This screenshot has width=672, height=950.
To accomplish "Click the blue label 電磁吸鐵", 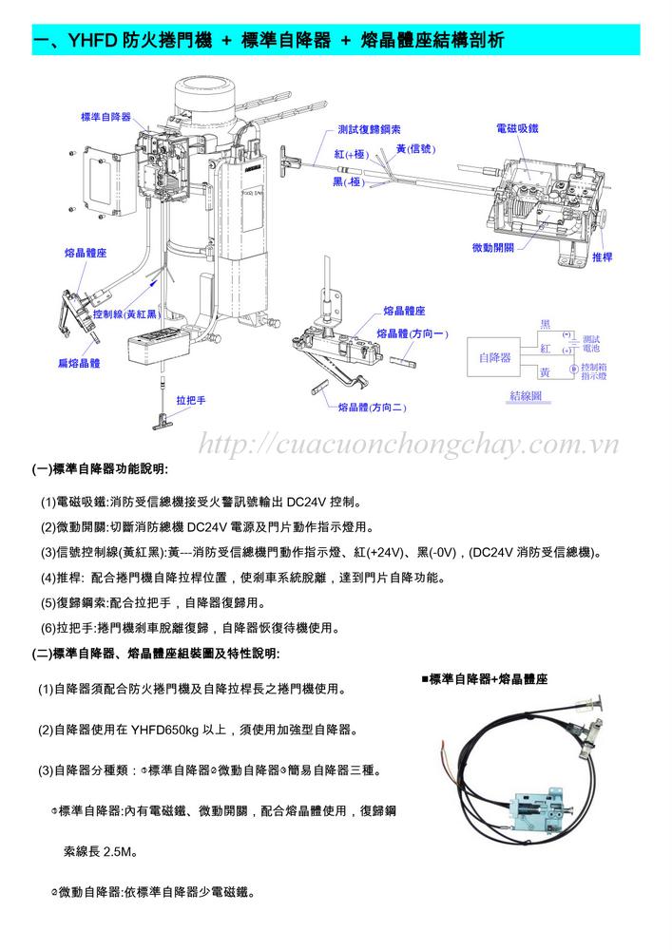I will click(517, 126).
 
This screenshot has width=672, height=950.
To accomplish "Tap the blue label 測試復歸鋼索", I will click(368, 129).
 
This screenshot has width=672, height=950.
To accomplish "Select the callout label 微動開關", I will click(492, 247).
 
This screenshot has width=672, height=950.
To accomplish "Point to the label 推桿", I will click(602, 257).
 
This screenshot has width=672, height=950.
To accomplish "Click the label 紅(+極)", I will click(351, 153).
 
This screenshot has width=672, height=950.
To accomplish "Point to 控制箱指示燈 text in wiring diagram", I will click(594, 371).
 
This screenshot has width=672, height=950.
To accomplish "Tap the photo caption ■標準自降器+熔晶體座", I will click(485, 679).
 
